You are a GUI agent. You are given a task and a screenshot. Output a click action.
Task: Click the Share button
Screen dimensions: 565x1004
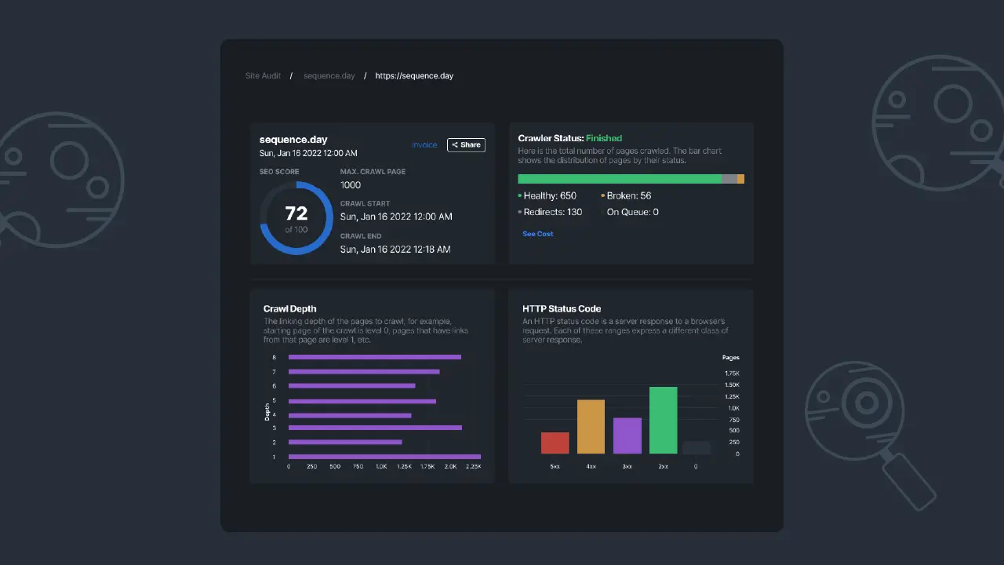click(x=466, y=145)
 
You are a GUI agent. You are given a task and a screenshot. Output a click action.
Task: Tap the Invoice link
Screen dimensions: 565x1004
click(x=424, y=145)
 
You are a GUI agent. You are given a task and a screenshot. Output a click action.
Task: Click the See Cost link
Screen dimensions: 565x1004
click(x=538, y=234)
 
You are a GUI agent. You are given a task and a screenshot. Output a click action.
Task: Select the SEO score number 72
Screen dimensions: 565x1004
click(x=296, y=214)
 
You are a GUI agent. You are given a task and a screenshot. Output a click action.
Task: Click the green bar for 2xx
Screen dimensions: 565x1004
click(x=663, y=420)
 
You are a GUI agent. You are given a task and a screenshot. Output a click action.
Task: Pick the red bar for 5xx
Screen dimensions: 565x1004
click(x=555, y=443)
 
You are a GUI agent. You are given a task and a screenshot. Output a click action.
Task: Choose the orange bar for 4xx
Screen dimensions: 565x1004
click(x=591, y=426)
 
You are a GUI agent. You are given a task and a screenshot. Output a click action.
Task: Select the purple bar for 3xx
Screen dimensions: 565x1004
click(x=627, y=436)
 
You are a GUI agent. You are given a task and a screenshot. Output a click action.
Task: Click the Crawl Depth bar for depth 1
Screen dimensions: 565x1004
click(x=384, y=457)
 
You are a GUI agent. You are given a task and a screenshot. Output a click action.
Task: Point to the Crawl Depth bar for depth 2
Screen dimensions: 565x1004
click(x=345, y=442)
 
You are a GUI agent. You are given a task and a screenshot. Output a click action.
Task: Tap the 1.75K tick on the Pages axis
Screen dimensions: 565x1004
click(x=731, y=374)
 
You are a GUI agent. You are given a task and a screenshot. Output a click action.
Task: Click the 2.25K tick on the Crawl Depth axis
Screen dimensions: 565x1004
click(x=473, y=467)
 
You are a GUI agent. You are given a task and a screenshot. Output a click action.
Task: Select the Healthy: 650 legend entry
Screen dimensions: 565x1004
click(x=549, y=196)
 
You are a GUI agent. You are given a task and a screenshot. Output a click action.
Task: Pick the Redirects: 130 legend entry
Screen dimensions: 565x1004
click(x=552, y=212)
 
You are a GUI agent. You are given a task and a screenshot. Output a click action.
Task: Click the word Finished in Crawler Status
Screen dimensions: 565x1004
click(x=604, y=138)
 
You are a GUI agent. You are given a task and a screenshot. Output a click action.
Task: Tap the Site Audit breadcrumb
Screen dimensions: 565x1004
click(x=263, y=76)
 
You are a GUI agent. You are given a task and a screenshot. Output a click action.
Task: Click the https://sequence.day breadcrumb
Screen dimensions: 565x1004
click(x=414, y=76)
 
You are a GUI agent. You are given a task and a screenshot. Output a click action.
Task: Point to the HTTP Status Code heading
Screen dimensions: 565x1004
click(x=562, y=309)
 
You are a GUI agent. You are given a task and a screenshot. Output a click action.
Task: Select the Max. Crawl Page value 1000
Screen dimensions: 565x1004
click(x=351, y=185)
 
